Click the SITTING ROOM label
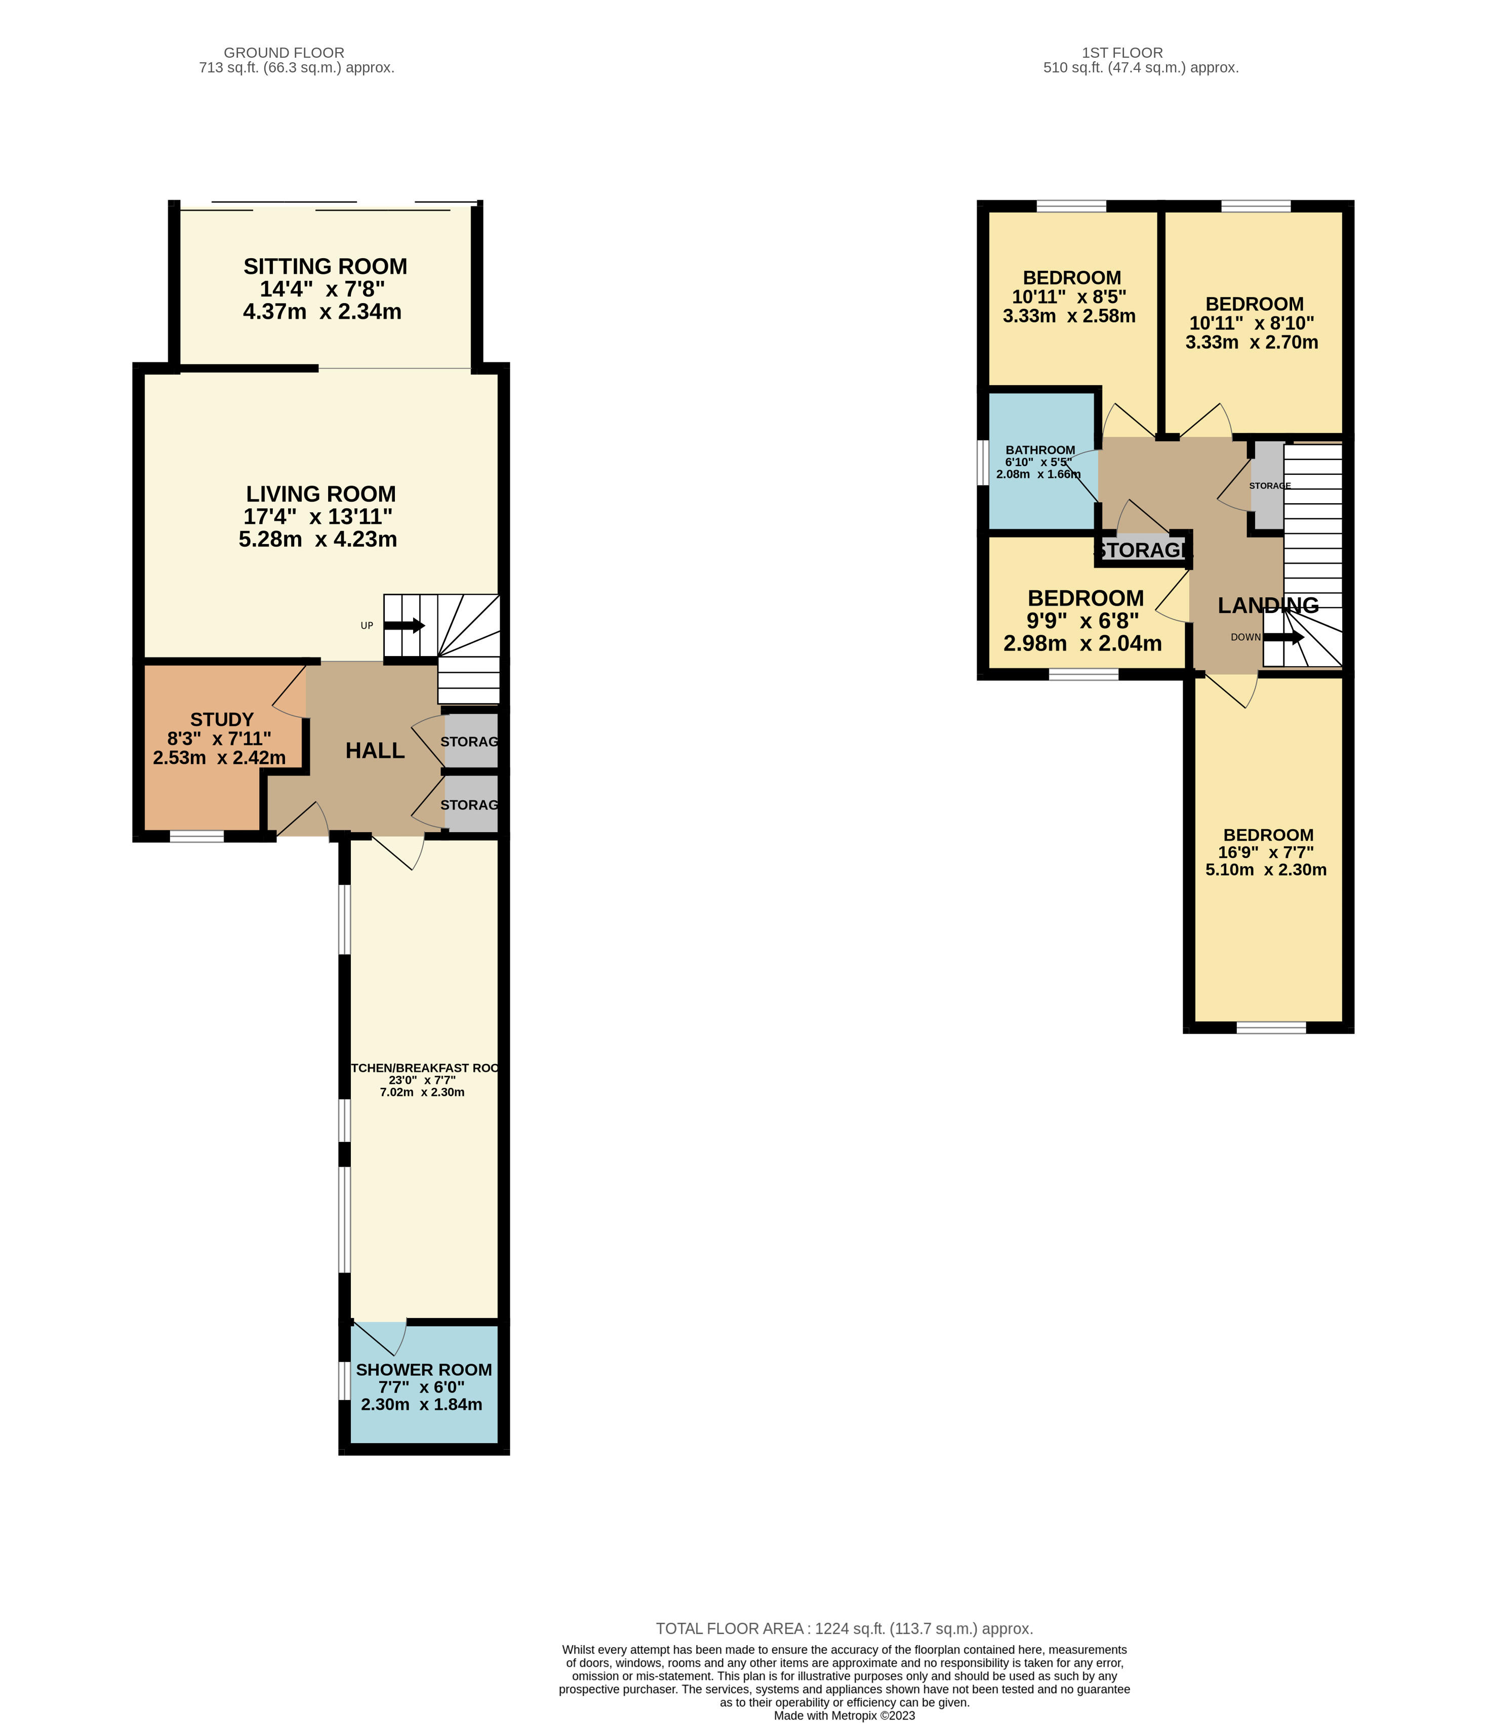click(325, 267)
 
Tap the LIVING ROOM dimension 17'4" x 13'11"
click(317, 516)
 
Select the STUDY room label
click(221, 719)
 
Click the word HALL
click(375, 751)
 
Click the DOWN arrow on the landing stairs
click(1283, 638)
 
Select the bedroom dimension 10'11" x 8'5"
click(1069, 297)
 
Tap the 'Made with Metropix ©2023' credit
click(844, 1715)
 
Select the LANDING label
click(1267, 605)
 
